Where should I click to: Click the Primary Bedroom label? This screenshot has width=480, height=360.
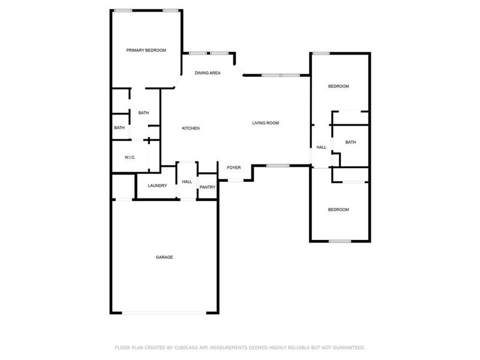click(146, 50)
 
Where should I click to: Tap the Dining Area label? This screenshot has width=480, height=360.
click(208, 73)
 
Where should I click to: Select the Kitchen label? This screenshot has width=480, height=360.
click(191, 128)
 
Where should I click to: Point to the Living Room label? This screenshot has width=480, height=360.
click(265, 123)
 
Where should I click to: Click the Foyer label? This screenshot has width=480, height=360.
click(233, 167)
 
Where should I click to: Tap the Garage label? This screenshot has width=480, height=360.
click(164, 257)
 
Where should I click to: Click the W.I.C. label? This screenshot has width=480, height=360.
click(130, 157)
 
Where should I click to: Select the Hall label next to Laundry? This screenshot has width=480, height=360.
click(187, 181)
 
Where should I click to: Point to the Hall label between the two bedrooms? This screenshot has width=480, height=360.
click(322, 148)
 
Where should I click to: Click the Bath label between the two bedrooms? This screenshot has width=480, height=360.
click(350, 142)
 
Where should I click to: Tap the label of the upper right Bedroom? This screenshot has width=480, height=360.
click(338, 86)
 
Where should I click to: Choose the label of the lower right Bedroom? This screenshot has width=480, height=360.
click(338, 209)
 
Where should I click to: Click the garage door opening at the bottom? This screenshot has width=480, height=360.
click(164, 312)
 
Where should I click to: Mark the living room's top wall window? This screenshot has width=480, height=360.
click(280, 75)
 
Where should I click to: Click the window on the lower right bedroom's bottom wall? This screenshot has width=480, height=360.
click(340, 241)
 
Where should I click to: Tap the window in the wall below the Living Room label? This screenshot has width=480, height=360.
click(278, 165)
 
